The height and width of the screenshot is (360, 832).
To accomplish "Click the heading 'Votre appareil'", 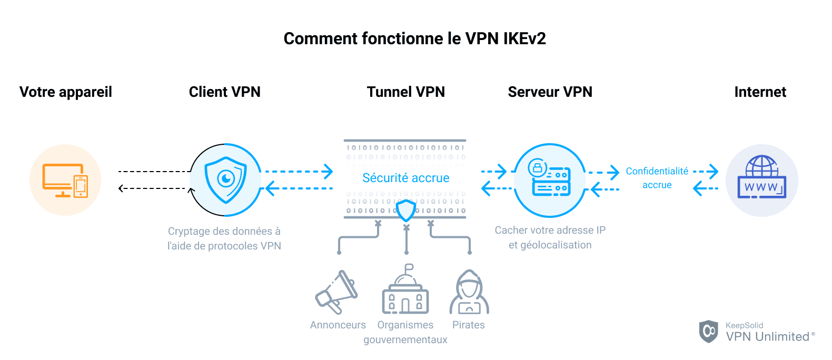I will tap(66, 92).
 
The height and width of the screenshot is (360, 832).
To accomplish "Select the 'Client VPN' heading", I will tap(224, 92).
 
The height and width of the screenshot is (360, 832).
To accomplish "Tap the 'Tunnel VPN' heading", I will tap(405, 92).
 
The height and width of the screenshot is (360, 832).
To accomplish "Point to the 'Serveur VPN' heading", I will tap(550, 92).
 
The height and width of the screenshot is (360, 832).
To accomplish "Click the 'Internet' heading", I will tap(760, 92).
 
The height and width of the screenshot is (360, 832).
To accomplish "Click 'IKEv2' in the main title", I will tap(524, 38).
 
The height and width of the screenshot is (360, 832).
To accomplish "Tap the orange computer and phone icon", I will tap(65, 180).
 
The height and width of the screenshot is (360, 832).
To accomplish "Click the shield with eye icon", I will tap(226, 179).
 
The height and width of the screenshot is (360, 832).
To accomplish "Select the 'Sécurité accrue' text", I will tap(405, 178).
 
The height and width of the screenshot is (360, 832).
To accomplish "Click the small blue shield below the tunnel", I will tap(406, 211).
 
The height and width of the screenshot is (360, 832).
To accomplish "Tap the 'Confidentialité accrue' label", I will tap(657, 178).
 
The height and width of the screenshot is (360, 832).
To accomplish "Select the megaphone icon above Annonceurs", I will tap(336, 292).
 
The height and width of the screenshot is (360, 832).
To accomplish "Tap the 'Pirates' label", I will tap(468, 325).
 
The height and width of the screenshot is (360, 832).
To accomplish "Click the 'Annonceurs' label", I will tap(338, 325).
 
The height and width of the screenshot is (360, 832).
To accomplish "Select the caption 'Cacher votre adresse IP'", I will tap(550, 230).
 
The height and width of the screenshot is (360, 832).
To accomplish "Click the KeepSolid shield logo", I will tap(708, 331).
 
